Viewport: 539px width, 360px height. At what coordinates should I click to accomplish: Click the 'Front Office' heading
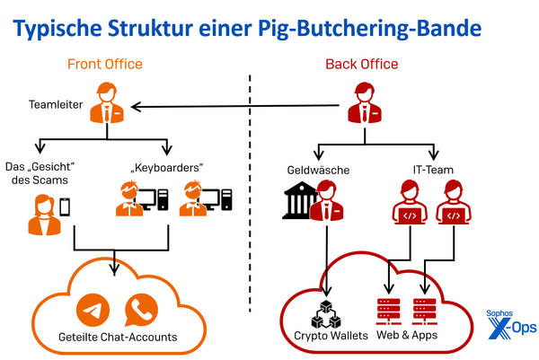coord(104,65)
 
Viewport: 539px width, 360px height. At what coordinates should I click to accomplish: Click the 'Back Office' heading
coord(360,65)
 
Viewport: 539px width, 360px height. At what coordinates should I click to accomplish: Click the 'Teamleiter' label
coord(56,106)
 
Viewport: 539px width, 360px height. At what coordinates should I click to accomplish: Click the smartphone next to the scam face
coord(65,207)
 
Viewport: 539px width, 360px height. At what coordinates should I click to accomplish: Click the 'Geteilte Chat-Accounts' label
coord(118,338)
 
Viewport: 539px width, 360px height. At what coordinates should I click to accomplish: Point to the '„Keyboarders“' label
coord(167,167)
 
